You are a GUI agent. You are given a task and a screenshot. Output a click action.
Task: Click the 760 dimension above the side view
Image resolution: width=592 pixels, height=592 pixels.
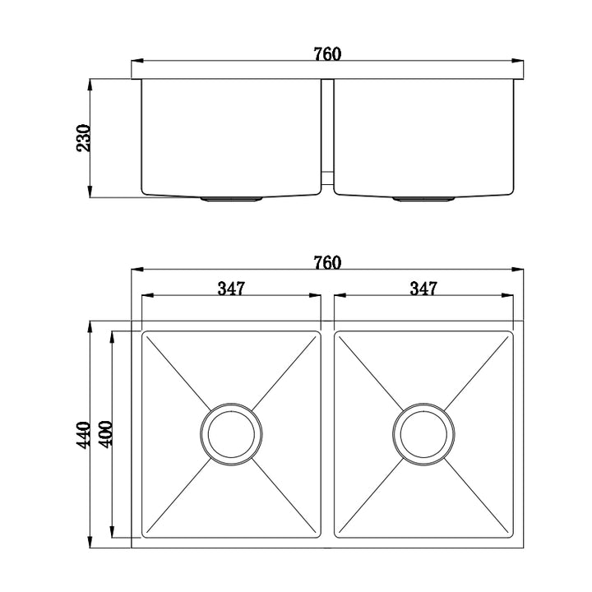[x=326, y=54]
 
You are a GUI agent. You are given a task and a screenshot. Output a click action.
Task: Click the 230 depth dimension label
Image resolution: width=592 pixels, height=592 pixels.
[x=83, y=138]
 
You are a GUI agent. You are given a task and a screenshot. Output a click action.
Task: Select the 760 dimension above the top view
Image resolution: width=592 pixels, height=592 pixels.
[x=326, y=263]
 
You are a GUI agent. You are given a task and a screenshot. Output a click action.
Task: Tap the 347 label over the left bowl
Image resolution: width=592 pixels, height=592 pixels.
[x=232, y=289]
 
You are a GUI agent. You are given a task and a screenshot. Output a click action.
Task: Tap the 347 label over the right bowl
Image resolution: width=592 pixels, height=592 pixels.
[x=423, y=289]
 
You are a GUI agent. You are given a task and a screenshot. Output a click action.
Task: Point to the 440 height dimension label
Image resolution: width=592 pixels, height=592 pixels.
[x=83, y=434]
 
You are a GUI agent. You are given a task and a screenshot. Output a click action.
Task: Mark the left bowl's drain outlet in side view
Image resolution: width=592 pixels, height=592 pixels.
[x=232, y=198]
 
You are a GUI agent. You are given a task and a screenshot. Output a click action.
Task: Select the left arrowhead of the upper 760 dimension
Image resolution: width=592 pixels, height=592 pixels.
[x=137, y=61]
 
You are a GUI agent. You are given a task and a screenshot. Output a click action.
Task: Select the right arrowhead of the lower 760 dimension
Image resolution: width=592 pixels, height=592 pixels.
[x=520, y=269]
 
